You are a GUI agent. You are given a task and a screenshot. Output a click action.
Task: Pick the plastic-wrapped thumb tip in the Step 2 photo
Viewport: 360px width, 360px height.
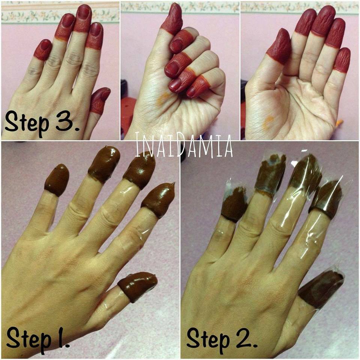tap(321, 289)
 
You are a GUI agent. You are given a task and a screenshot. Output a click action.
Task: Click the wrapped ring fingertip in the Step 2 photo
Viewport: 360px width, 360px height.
tap(271, 174)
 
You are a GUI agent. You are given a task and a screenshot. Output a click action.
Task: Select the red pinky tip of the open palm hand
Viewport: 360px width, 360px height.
tap(342, 60)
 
